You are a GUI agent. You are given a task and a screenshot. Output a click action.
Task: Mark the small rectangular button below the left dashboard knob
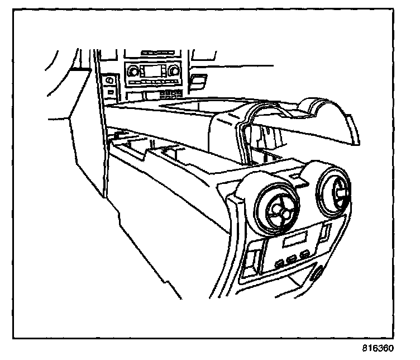point(112,91)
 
